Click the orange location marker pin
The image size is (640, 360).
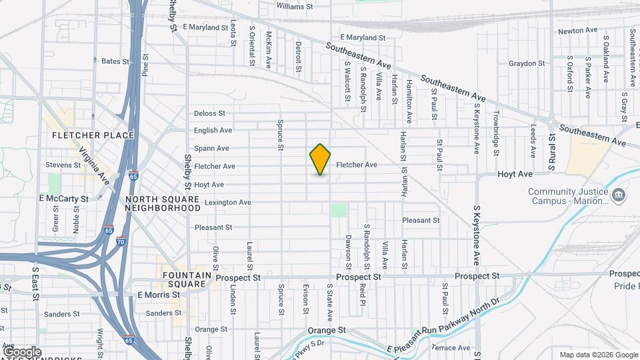click(x=320, y=159)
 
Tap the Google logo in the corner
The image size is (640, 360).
click(x=22, y=351)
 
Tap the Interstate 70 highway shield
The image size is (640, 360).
click(x=120, y=240)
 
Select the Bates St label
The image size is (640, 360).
click(x=115, y=61)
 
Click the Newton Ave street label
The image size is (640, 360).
click(x=577, y=31)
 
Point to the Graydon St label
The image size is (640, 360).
click(x=527, y=64)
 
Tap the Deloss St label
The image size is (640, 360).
click(x=210, y=113)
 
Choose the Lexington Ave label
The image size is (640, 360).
click(x=228, y=202)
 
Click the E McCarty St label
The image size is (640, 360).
click(x=63, y=199)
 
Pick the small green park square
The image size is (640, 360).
click(x=339, y=210)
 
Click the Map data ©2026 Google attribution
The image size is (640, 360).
click(x=597, y=355)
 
